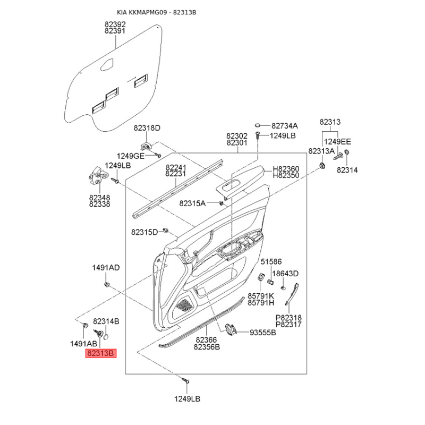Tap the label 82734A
(285, 126)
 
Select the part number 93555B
(263, 333)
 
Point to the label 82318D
(147, 128)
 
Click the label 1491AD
(106, 267)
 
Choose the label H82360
(286, 169)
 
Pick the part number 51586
(271, 261)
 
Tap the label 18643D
(287, 274)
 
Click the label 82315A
(192, 203)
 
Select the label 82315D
(145, 232)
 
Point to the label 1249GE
(131, 156)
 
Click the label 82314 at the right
(347, 170)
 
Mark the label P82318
(288, 317)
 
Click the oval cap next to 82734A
(259, 125)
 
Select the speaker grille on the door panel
(184, 305)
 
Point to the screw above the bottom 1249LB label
(185, 380)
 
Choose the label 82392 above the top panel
(115, 24)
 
